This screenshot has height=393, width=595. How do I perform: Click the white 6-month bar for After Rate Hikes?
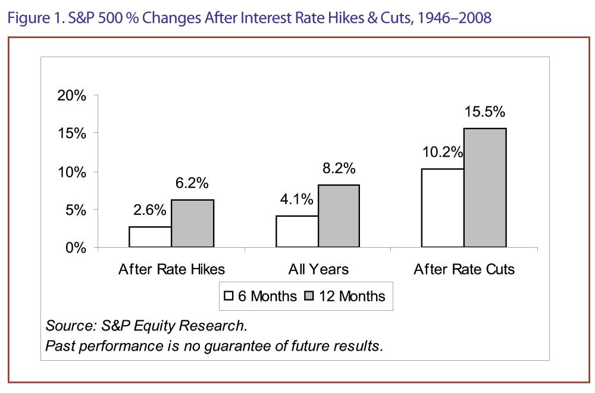click(150, 237)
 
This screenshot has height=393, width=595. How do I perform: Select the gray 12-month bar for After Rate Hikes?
click(192, 223)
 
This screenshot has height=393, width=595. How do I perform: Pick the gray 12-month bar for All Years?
click(339, 216)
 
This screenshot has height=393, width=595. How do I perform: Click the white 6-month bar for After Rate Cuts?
click(443, 208)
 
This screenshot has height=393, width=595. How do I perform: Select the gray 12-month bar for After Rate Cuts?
click(485, 188)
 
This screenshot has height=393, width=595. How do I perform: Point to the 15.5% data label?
click(485, 112)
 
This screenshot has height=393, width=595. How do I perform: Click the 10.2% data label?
click(443, 152)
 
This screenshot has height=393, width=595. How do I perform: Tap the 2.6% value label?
click(149, 211)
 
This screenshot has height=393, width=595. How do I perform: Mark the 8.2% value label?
click(339, 169)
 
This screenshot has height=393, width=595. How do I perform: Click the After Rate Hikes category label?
click(171, 269)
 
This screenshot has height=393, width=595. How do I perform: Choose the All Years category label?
click(318, 269)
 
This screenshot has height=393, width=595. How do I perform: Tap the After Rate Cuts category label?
click(464, 269)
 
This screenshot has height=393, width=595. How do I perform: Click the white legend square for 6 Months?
click(228, 296)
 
